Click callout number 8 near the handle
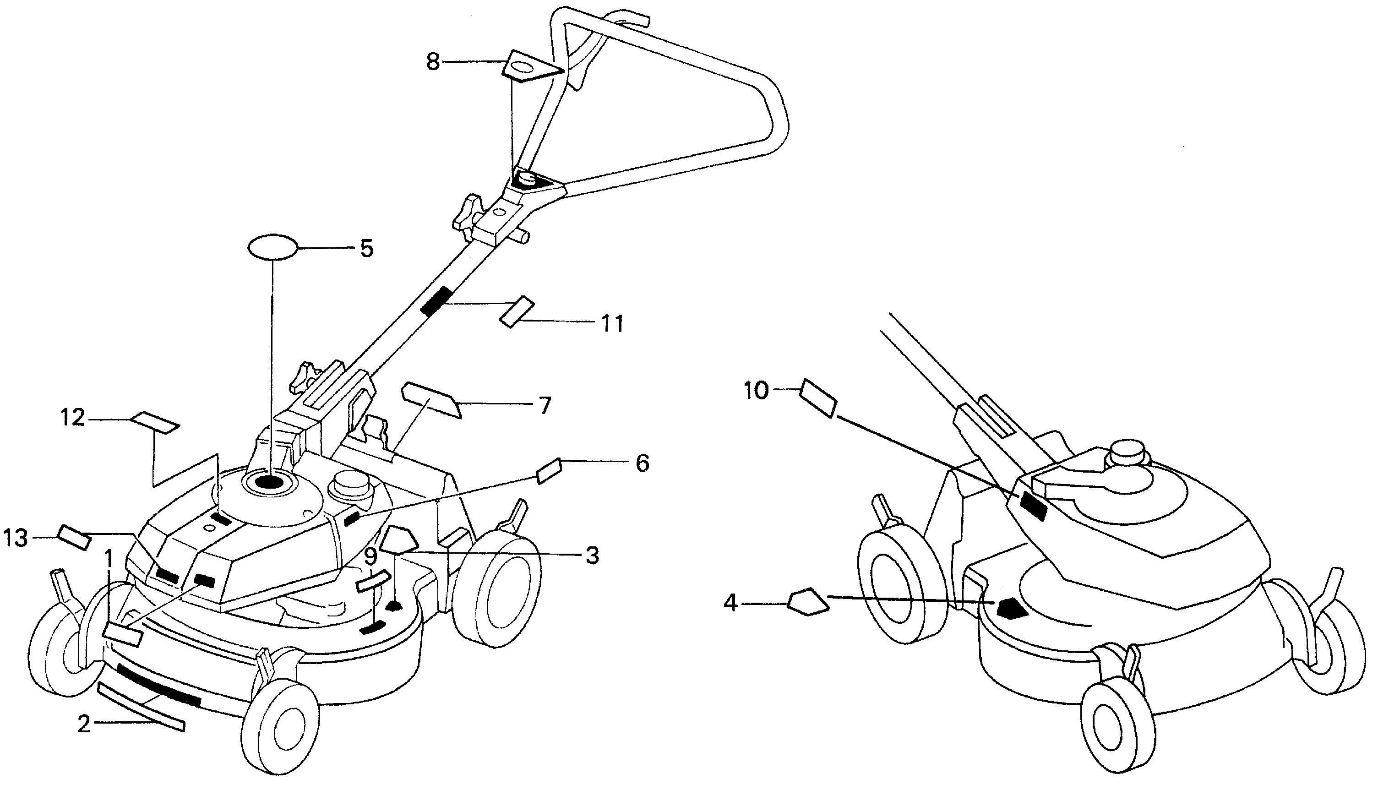432,62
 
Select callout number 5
367,249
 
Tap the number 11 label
611,324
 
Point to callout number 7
544,405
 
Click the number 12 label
73,418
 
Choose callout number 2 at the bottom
84,725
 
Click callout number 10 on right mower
756,390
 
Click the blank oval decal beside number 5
272,248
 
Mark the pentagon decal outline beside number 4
808,601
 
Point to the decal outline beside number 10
818,397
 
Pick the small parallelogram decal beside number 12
155,422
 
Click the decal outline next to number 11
517,311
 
